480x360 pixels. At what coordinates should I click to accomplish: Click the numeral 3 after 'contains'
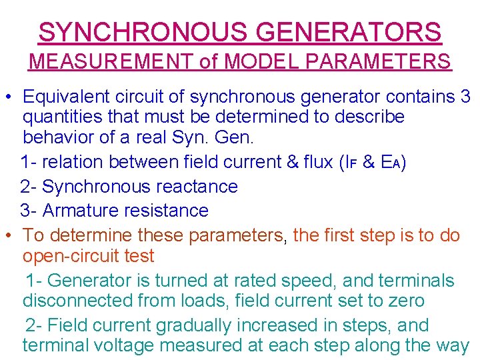pyautogui.click(x=465, y=97)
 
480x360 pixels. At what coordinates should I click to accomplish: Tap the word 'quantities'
pyautogui.click(x=67, y=117)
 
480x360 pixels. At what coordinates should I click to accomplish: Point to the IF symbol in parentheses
pyautogui.click(x=351, y=162)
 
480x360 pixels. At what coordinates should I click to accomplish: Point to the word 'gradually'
pyautogui.click(x=199, y=325)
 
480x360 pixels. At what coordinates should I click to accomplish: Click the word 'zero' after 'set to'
pyautogui.click(x=403, y=301)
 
